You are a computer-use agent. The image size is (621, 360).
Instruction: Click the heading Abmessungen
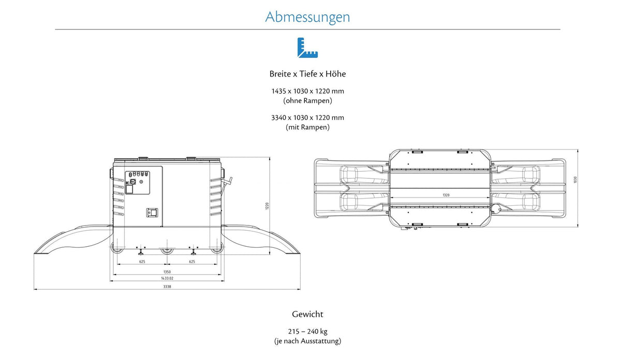pos(307,17)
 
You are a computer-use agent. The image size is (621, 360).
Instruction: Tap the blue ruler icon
pos(307,48)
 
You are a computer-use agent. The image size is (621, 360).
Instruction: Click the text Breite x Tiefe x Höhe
pos(307,74)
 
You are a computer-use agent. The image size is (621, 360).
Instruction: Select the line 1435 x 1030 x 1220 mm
pos(307,91)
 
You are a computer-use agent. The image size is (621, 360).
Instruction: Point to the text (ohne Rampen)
pos(307,100)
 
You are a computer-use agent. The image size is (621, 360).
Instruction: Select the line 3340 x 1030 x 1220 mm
pos(307,118)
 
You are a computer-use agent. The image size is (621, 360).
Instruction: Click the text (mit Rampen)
pos(307,127)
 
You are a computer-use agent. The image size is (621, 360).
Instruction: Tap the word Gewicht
pos(307,314)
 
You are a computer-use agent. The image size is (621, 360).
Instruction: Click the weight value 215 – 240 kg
pos(307,332)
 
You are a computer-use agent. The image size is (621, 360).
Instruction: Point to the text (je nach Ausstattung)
pos(307,341)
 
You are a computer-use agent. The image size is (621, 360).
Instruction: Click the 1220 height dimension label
pos(267,206)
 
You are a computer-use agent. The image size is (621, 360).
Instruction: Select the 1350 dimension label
pos(167,272)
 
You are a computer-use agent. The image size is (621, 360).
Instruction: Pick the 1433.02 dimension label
pos(167,278)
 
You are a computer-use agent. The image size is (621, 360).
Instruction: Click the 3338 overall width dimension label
pos(167,287)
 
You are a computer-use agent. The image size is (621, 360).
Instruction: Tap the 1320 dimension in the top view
pos(446,195)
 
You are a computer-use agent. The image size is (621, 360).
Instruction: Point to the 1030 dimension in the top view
pos(575,179)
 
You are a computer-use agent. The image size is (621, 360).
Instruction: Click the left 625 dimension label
pos(142,262)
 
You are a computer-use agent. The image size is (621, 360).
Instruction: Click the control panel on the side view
pos(138,183)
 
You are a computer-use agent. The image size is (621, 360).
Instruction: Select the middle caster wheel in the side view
pos(167,250)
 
